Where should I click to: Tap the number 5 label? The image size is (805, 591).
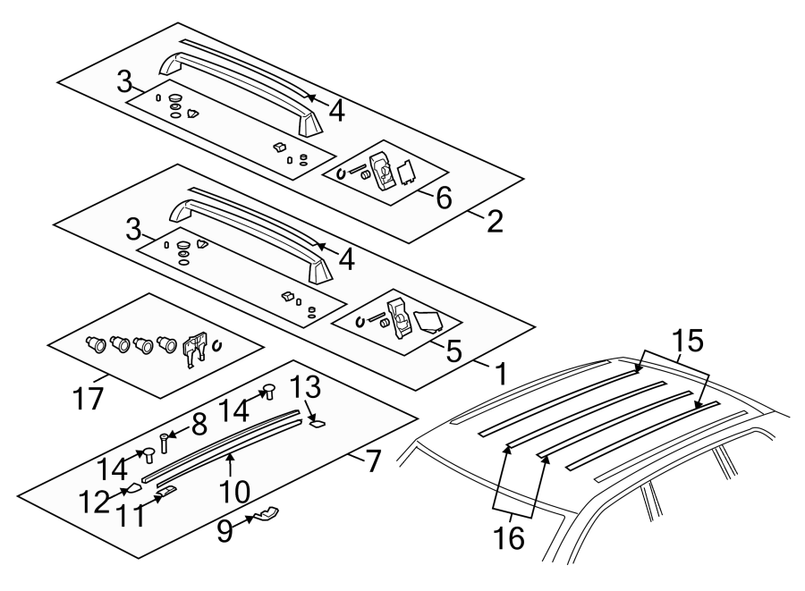point(453,350)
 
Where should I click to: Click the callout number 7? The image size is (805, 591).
point(373,460)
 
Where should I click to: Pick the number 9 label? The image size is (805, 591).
point(225,531)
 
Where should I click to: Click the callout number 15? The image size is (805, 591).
point(689,341)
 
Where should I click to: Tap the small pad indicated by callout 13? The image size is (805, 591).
point(316,425)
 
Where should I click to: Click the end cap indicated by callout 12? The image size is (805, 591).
point(132,487)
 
